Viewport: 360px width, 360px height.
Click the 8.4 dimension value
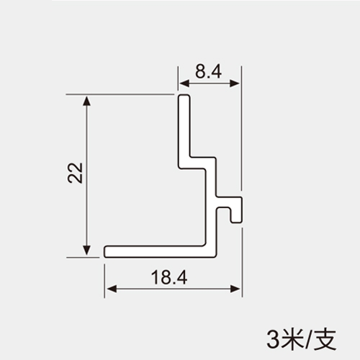pyautogui.click(x=208, y=71)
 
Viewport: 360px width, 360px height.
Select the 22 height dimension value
pyautogui.click(x=76, y=173)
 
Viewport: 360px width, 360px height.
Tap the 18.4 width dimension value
pyautogui.click(x=169, y=277)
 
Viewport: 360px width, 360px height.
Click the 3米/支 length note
pyautogui.click(x=302, y=340)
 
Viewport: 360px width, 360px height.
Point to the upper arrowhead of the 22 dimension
pyautogui.click(x=86, y=100)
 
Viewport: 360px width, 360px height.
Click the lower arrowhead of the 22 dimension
pyautogui.click(x=86, y=251)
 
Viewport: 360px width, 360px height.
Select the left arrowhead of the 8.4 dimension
pyautogui.click(x=184, y=84)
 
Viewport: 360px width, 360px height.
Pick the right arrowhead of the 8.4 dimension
pyautogui.click(x=235, y=84)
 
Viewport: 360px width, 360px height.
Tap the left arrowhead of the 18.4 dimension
pyautogui.click(x=111, y=289)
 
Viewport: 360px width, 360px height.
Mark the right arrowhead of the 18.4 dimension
pyautogui.click(x=235, y=289)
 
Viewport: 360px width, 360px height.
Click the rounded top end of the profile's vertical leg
pyautogui.click(x=184, y=96)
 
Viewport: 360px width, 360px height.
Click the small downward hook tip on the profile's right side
pyautogui.click(x=237, y=221)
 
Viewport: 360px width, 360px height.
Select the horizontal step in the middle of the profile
pyautogui.click(x=197, y=163)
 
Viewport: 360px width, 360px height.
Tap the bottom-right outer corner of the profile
pyautogui.click(x=216, y=257)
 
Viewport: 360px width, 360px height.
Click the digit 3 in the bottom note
pyautogui.click(x=273, y=340)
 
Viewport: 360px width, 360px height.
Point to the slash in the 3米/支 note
pyautogui.click(x=309, y=340)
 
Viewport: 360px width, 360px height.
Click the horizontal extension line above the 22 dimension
pyautogui.click(x=120, y=94)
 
